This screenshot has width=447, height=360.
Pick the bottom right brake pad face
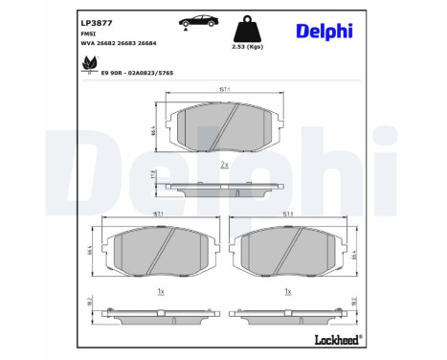click(x=287, y=255)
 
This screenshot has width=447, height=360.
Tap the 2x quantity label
click(x=224, y=166)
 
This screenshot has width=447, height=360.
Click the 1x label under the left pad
click(x=161, y=291)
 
